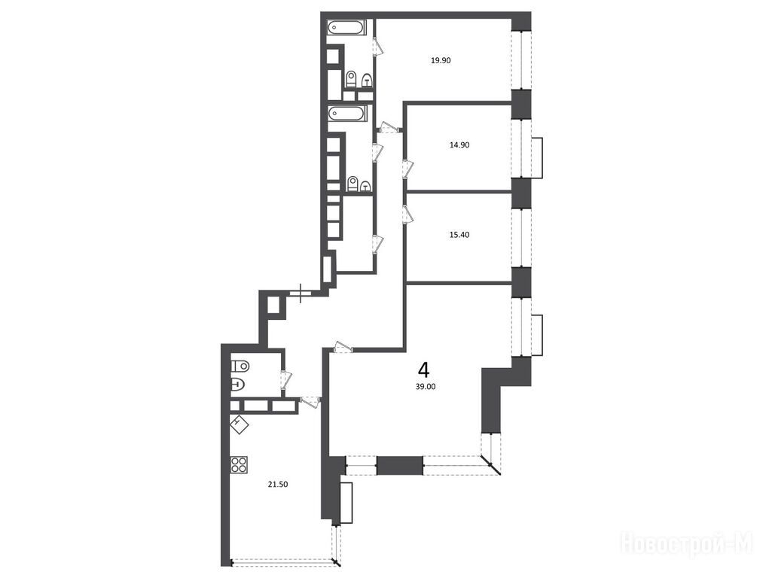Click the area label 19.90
[x=441, y=61]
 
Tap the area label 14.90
[x=459, y=144]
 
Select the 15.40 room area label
[x=459, y=235]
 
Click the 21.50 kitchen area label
[x=278, y=484]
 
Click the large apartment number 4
[x=424, y=370]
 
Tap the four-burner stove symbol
[x=239, y=465]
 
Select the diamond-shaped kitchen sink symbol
[x=239, y=425]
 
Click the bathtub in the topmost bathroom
[x=346, y=27]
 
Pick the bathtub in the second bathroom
[x=346, y=114]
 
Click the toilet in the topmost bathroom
[x=351, y=79]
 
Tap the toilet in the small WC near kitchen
[x=240, y=365]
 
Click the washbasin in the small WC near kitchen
[x=238, y=385]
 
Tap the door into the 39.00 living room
[x=343, y=347]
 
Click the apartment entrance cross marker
[x=301, y=293]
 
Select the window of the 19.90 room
[x=521, y=61]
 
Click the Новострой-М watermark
[x=687, y=543]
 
